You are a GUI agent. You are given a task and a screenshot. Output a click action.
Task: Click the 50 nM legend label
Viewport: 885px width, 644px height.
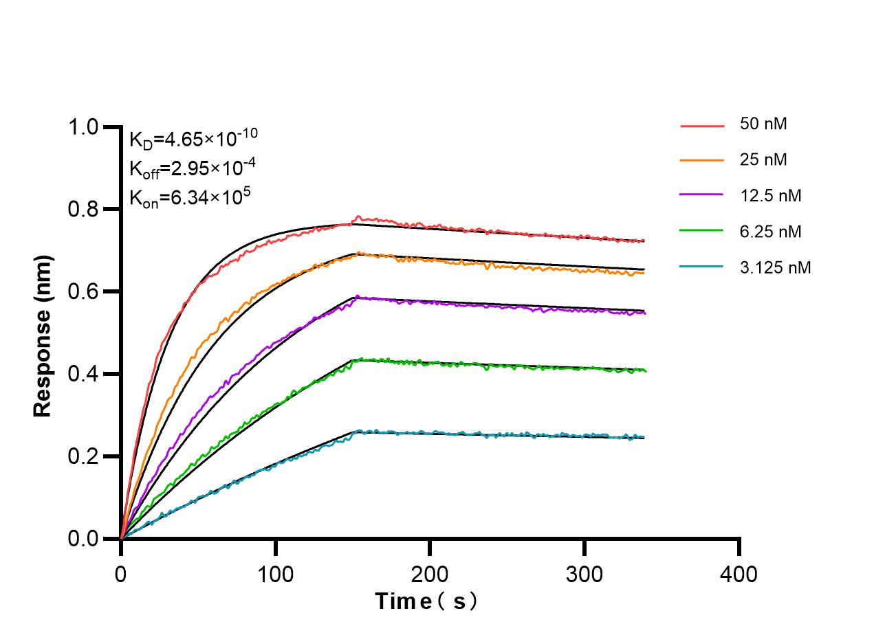pos(763,124)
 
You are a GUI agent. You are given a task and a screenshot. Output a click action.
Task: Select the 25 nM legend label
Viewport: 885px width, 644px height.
pos(763,160)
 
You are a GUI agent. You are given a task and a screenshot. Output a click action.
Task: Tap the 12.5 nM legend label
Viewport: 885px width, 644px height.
pos(770,196)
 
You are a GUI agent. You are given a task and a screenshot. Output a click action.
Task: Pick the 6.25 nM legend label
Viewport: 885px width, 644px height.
pos(770,232)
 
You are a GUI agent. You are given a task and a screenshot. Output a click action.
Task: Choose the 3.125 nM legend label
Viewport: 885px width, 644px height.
pos(775,267)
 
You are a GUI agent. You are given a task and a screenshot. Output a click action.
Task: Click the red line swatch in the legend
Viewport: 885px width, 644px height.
pos(702,126)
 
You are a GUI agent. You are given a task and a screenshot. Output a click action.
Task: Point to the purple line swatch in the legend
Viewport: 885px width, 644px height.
pos(702,196)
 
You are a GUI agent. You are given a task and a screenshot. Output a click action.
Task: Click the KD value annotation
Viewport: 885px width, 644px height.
pos(193,139)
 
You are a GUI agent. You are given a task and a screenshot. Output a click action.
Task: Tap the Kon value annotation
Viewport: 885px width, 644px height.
pos(190,199)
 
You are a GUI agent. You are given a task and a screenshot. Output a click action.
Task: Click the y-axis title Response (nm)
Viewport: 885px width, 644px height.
pos(43,335)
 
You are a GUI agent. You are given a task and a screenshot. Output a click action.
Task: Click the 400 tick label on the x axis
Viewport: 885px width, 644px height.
pos(739,573)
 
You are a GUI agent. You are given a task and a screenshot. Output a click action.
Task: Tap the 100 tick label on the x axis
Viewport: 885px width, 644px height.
pos(276,573)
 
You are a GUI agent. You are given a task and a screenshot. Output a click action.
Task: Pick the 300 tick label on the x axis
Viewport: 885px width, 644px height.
pos(584,573)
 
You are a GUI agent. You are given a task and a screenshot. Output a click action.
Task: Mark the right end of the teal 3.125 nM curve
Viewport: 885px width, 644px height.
pos(644,437)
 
